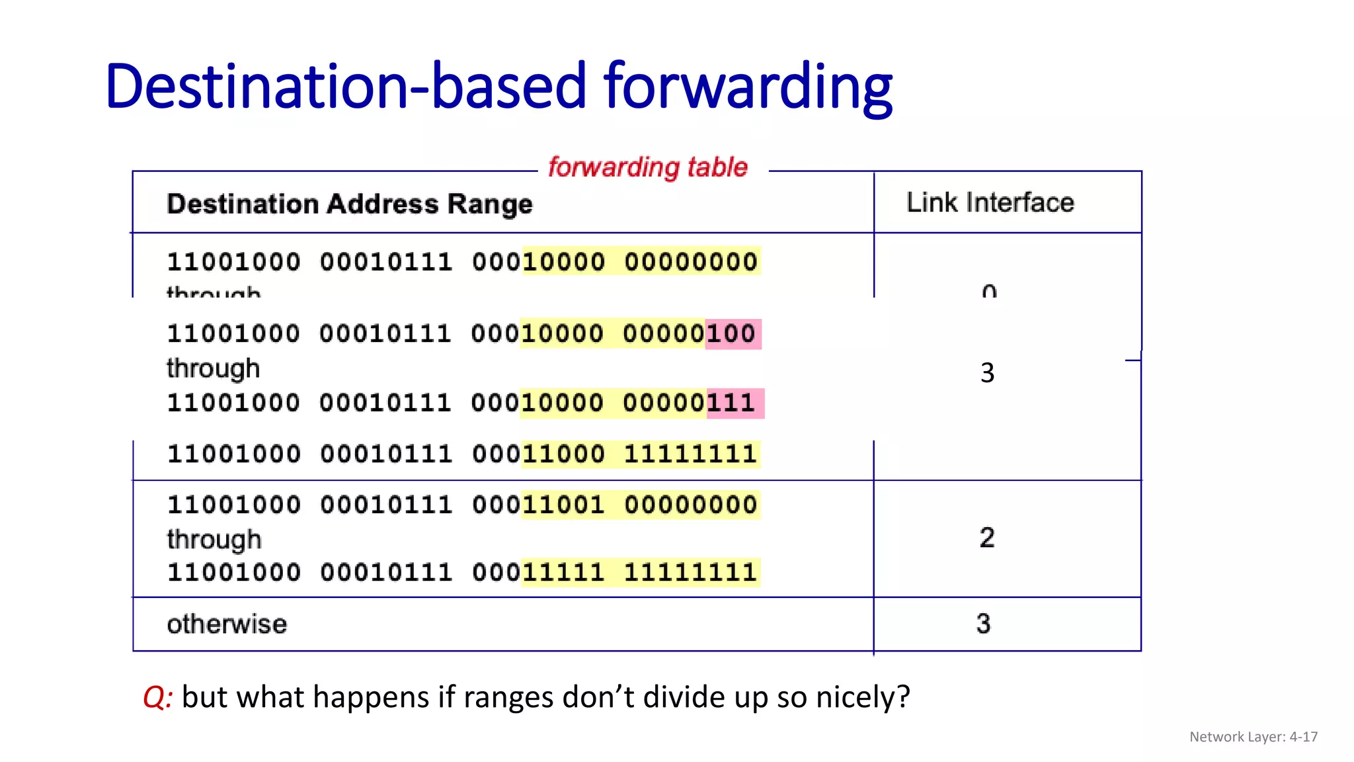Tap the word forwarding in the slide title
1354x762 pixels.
(x=748, y=87)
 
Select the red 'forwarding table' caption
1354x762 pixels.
(x=648, y=167)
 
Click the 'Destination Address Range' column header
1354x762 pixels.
(x=349, y=204)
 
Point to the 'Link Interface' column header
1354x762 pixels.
(x=990, y=202)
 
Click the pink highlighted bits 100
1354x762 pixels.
(x=732, y=333)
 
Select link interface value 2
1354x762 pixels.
(x=986, y=537)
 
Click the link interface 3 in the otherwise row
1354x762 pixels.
(x=983, y=624)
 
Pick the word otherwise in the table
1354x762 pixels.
(x=227, y=624)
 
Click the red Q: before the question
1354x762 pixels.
(x=157, y=697)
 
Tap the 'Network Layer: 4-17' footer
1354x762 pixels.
(x=1253, y=737)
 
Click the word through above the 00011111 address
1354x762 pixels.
(x=214, y=540)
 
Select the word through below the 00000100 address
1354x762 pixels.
(x=213, y=368)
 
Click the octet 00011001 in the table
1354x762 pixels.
(x=538, y=505)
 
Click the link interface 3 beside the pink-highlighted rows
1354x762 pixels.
(x=987, y=373)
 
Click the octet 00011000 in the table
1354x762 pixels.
(x=538, y=454)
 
